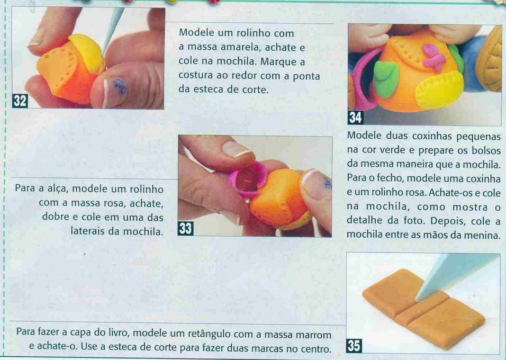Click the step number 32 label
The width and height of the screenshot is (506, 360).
[20, 101]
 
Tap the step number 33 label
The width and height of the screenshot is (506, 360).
[186, 229]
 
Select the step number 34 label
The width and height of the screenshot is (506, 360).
[356, 117]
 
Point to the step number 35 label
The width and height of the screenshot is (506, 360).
[354, 346]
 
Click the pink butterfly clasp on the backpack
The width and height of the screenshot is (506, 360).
[433, 57]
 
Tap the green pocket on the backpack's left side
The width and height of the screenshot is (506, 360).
[386, 78]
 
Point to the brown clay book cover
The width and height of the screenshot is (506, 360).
[423, 308]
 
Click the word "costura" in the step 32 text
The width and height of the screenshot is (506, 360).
[196, 76]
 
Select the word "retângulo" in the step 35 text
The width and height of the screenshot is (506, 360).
[205, 334]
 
